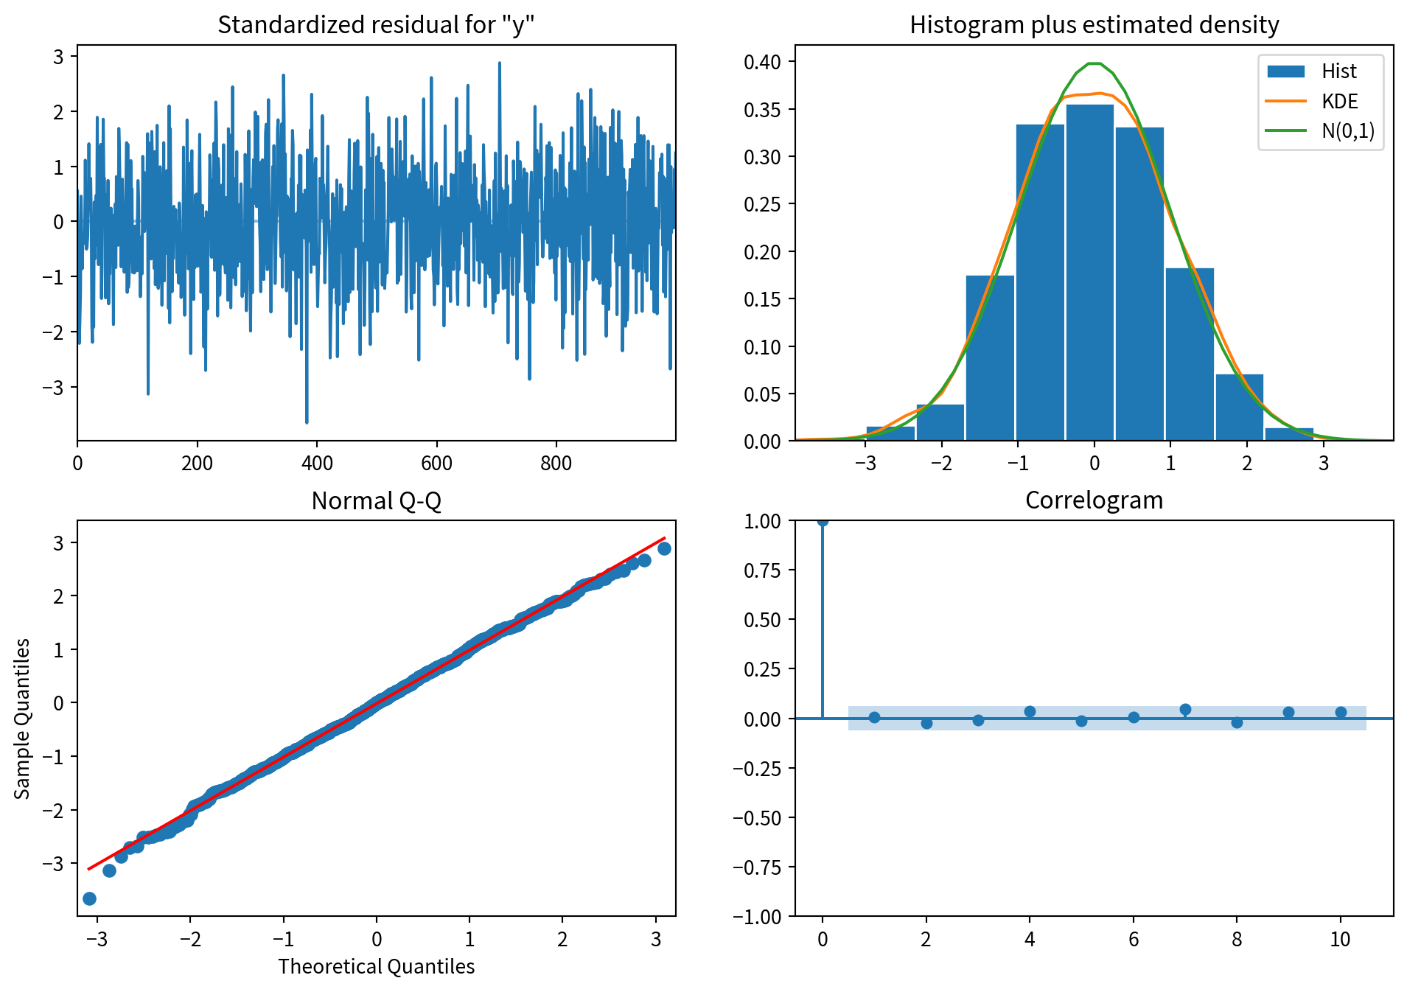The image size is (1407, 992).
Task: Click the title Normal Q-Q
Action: [x=376, y=500]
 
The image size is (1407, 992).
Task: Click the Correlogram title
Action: [x=1094, y=500]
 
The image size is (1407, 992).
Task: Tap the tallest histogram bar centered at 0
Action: [x=1089, y=273]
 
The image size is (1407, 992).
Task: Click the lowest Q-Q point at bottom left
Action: [x=89, y=898]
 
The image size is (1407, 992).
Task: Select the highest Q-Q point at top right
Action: [x=664, y=548]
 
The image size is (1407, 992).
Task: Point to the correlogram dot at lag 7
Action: [x=1185, y=710]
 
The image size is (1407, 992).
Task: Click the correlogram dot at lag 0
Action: [x=823, y=521]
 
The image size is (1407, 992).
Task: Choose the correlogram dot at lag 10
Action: [x=1341, y=713]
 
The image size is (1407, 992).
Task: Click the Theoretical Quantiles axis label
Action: [x=376, y=966]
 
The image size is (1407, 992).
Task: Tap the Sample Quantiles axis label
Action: [x=23, y=719]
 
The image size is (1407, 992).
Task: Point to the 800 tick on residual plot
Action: [x=556, y=464]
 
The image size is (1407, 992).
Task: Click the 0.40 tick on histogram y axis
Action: [x=761, y=62]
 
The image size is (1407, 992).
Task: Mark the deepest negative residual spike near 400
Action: [x=307, y=421]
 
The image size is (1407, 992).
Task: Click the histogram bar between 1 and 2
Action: [x=1189, y=354]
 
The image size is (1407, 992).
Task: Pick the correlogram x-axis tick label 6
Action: [x=1134, y=939]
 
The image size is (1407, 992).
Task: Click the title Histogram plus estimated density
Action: [x=1094, y=24]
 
